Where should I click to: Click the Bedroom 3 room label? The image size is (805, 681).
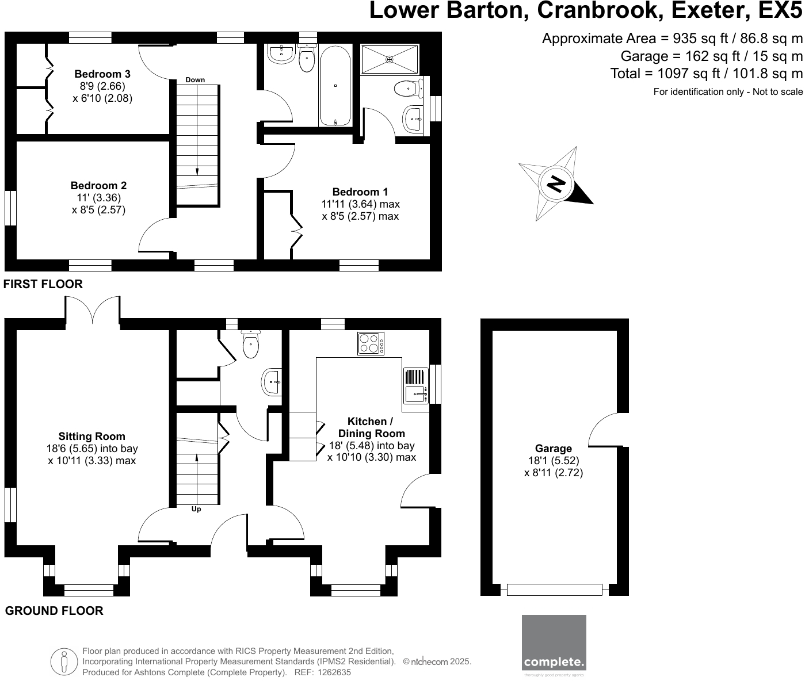[x=102, y=74]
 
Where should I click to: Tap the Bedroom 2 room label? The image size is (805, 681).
[x=98, y=186]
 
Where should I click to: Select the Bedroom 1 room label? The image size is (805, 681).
[x=360, y=192]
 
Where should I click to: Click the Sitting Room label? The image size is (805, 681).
[x=91, y=437]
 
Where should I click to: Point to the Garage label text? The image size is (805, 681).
[x=554, y=449]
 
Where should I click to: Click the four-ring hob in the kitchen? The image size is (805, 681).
[x=371, y=343]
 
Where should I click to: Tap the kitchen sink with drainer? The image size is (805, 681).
[x=415, y=386]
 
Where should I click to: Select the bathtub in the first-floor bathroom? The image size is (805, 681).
[x=335, y=86]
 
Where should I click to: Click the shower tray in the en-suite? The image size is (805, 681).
[x=390, y=59]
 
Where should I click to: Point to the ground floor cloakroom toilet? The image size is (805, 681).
[x=251, y=345]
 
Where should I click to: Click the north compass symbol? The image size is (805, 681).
[x=555, y=183]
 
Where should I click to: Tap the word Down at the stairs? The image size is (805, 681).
[x=195, y=80]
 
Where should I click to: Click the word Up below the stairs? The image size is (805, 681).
[x=196, y=510]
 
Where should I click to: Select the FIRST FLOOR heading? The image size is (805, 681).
[x=43, y=284]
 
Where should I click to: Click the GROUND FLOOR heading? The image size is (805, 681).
[x=54, y=611]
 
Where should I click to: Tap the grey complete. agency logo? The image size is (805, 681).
[x=554, y=643]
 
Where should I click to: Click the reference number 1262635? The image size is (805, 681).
[x=334, y=672]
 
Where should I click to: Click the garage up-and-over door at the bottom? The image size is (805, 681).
[x=554, y=590]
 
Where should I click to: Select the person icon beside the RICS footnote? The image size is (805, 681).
[x=64, y=661]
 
